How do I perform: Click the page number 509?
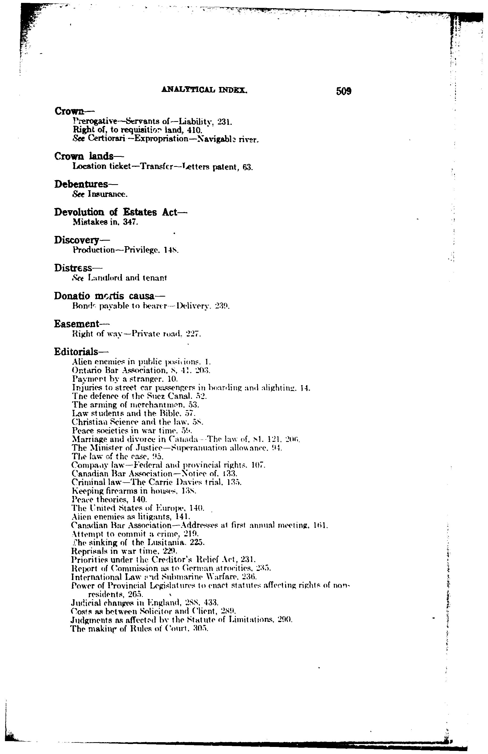(343, 91)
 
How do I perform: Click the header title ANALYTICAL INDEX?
(204, 90)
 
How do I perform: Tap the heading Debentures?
(82, 184)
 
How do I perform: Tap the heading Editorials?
(77, 352)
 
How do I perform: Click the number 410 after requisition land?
(195, 130)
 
